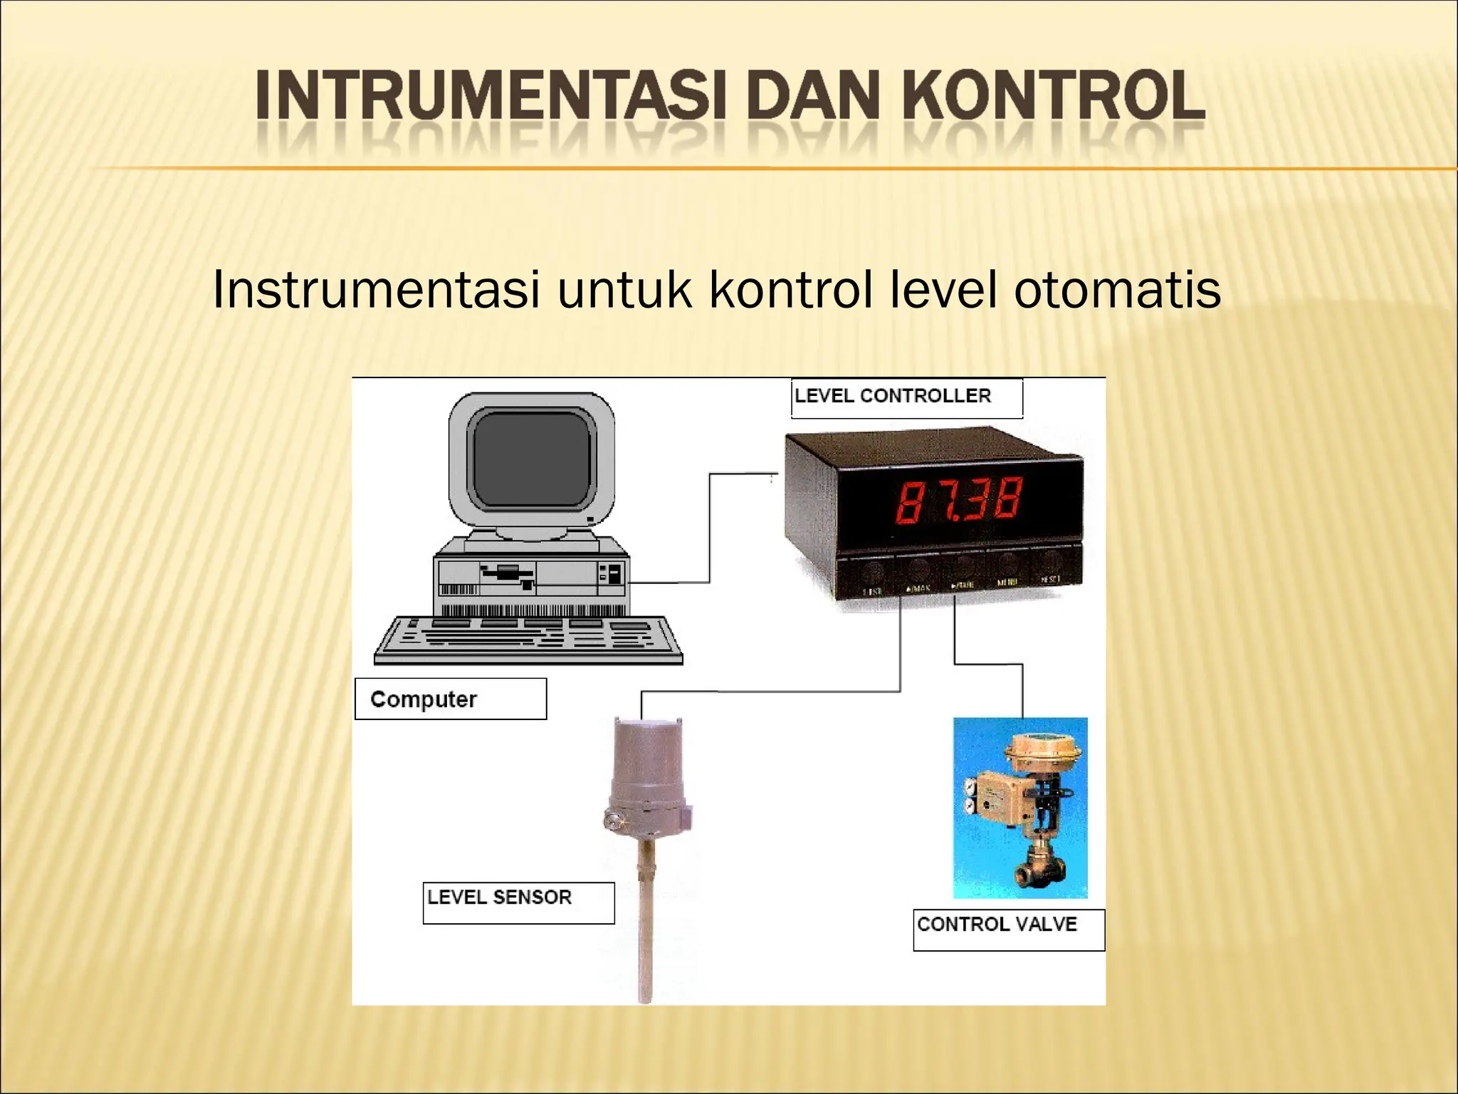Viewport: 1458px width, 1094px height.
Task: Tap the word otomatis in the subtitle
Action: (1117, 290)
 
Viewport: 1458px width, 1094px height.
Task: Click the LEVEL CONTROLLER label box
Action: (906, 397)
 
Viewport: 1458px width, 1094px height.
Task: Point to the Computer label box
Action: (450, 699)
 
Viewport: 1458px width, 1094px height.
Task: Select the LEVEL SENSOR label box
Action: (518, 902)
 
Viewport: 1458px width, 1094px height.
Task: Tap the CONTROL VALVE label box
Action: (1008, 929)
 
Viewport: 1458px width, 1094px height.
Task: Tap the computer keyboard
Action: (528, 639)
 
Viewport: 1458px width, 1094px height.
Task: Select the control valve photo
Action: (1020, 807)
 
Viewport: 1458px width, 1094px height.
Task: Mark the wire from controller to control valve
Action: (988, 664)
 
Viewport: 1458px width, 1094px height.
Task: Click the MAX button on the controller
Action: (918, 579)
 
